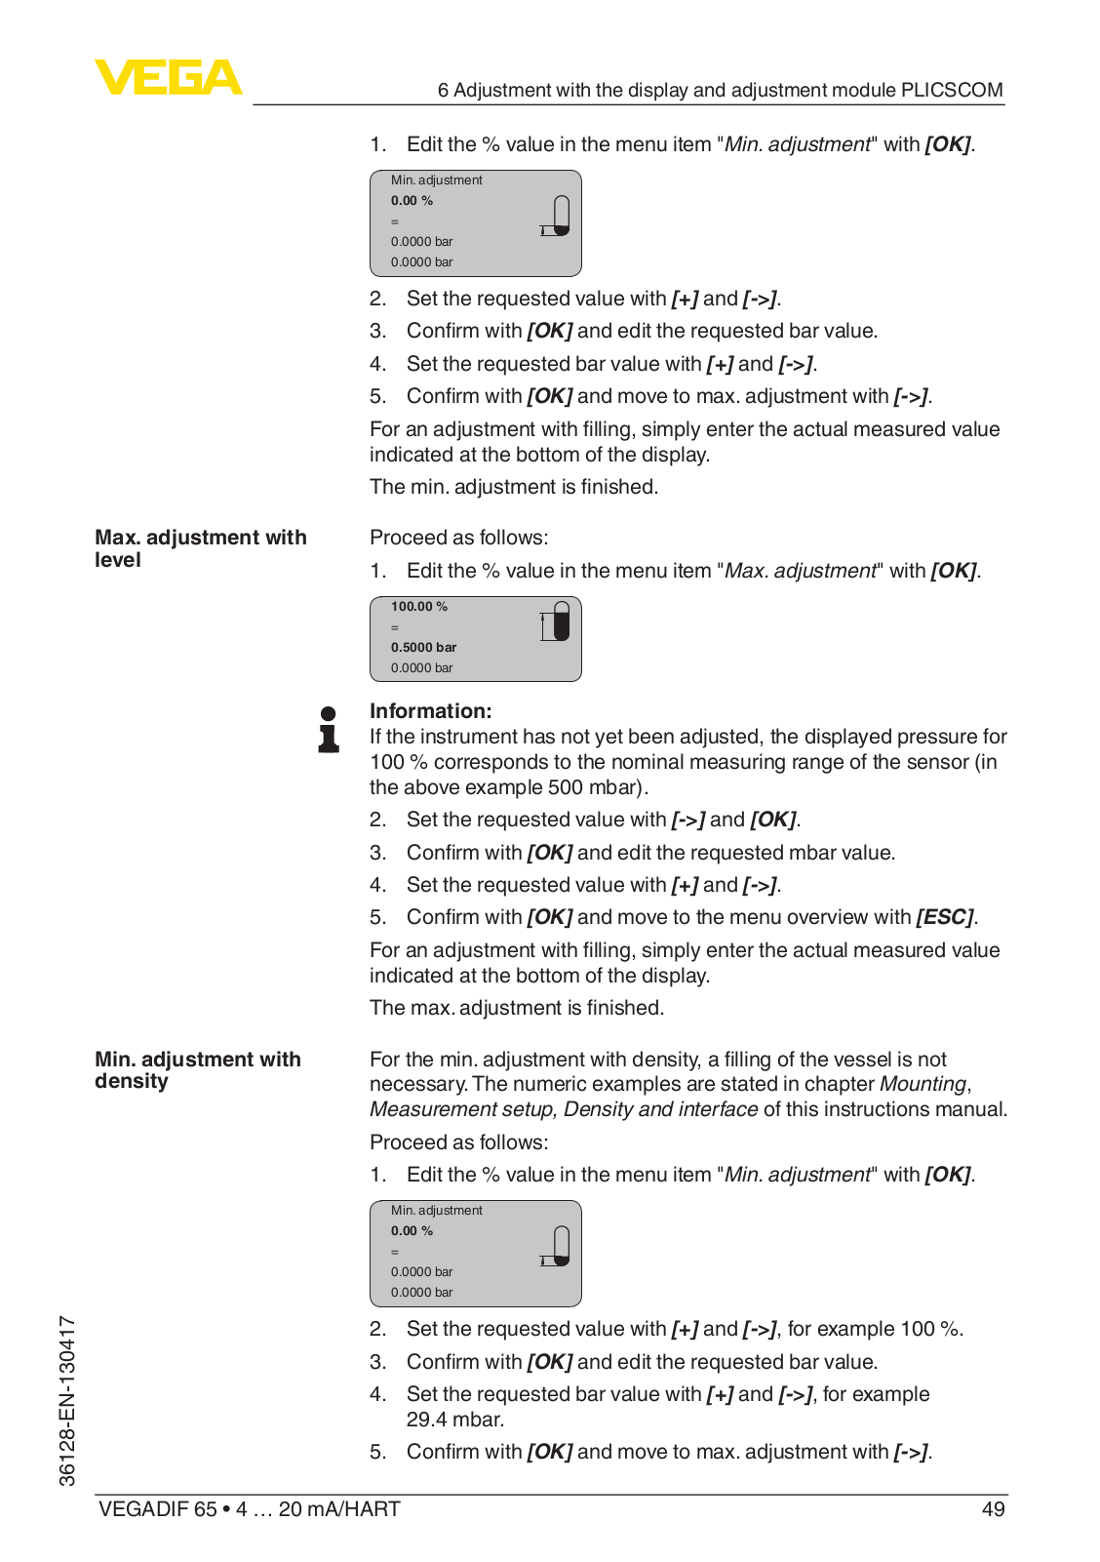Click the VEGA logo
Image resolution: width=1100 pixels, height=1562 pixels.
[168, 77]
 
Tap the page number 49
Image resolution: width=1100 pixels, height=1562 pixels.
[993, 1509]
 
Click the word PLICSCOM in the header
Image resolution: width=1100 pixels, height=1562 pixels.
[952, 90]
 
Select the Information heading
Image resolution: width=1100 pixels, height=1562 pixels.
[430, 711]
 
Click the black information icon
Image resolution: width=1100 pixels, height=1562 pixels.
[329, 730]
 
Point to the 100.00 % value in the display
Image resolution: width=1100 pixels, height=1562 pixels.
[419, 607]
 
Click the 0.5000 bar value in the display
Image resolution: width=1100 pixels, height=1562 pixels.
[423, 648]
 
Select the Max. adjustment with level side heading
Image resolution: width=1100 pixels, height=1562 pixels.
[200, 548]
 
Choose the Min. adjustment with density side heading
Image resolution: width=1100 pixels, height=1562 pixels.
[197, 1070]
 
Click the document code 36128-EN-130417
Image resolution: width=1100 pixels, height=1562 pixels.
[67, 1400]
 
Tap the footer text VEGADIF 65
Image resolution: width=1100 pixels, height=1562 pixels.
[158, 1509]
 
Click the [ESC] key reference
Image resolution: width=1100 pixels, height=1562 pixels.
[944, 917]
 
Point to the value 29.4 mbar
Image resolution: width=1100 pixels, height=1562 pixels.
[455, 1420]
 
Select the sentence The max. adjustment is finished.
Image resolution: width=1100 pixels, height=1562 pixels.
[516, 1008]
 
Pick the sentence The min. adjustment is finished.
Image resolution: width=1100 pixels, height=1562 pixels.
[513, 487]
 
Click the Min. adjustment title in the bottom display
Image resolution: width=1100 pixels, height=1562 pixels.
[436, 1211]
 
